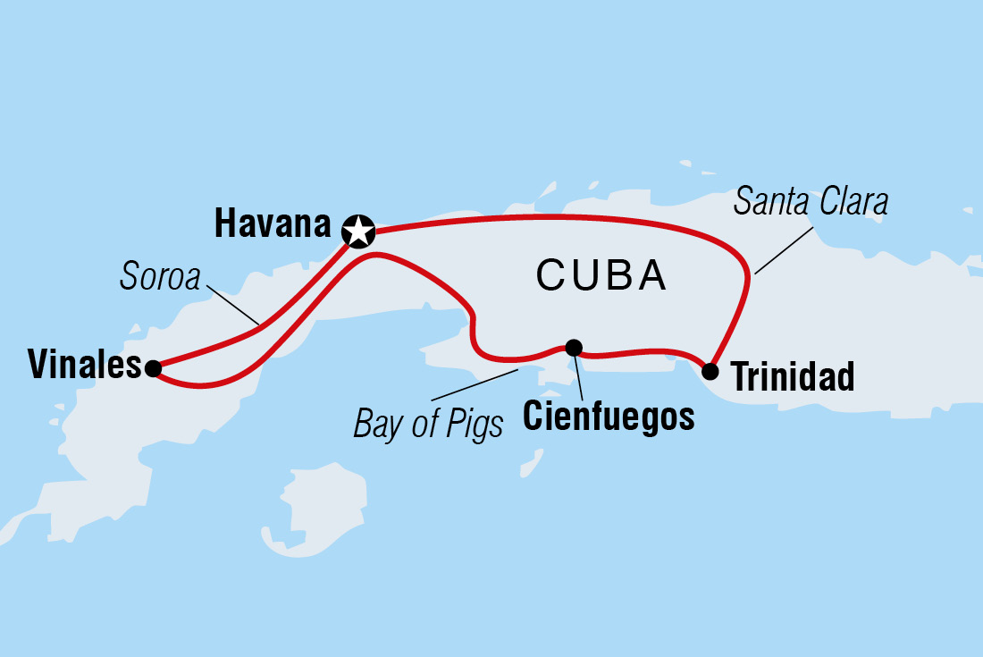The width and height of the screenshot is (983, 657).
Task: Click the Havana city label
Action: (x=273, y=225)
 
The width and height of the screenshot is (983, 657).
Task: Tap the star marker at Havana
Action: (x=358, y=231)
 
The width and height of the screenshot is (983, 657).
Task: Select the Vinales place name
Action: (x=85, y=366)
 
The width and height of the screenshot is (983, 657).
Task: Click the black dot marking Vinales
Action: (x=153, y=367)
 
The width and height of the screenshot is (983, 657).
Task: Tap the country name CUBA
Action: (x=601, y=276)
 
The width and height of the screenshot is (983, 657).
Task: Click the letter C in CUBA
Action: (x=550, y=276)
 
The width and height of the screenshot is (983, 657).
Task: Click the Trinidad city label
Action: (x=793, y=378)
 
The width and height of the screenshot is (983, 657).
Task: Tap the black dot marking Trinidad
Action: (x=710, y=371)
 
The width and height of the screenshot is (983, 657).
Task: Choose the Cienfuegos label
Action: (x=608, y=417)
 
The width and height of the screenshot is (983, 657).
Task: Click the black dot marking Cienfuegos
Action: (x=574, y=347)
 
